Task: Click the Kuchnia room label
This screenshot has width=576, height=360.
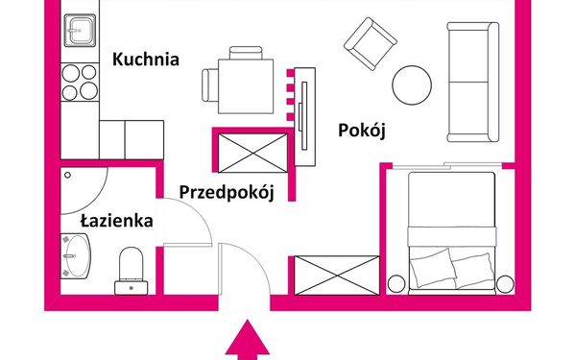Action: [x=146, y=60]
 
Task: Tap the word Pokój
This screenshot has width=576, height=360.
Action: [x=362, y=131]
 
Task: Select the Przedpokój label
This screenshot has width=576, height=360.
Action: [x=227, y=193]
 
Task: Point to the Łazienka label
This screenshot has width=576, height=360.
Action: [x=117, y=221]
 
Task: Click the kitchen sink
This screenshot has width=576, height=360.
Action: [x=80, y=31]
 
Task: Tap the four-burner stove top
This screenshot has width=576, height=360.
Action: [x=80, y=82]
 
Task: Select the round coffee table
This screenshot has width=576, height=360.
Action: [x=412, y=85]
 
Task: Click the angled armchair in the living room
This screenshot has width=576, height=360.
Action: [x=371, y=44]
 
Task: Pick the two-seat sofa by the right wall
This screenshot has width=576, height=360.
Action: [x=473, y=82]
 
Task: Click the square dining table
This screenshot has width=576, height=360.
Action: [x=246, y=86]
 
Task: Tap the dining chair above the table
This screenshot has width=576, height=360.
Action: [x=246, y=53]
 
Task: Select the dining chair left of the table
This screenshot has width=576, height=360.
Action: [x=210, y=85]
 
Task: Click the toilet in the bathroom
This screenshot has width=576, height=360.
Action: [x=132, y=271]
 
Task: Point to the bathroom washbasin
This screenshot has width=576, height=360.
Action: [x=76, y=256]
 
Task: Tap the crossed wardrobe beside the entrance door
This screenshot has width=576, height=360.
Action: [x=337, y=276]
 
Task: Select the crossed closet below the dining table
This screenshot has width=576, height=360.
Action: [x=253, y=153]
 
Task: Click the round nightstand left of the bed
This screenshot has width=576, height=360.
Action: [x=396, y=284]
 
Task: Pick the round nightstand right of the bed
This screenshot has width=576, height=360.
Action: [x=505, y=284]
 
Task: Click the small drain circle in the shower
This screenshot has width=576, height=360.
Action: [x=67, y=176]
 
